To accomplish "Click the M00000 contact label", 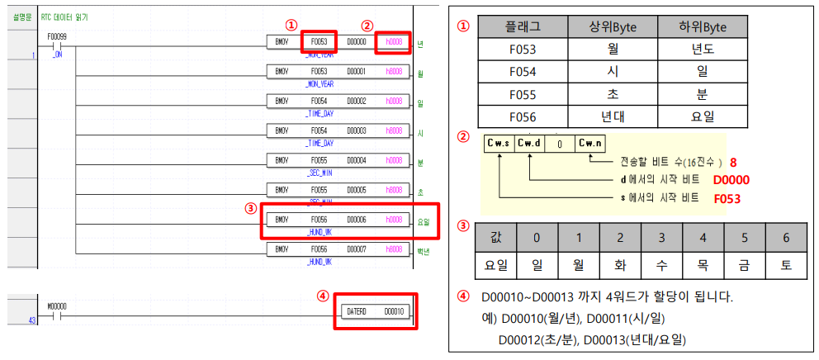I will click(x=59, y=306).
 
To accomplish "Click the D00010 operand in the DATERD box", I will click(x=394, y=312).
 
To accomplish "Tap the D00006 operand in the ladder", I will click(x=356, y=220).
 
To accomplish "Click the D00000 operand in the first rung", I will click(x=356, y=40).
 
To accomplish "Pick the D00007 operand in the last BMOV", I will click(x=356, y=249).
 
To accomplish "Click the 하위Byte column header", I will click(x=703, y=26).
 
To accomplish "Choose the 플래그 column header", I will click(x=523, y=26).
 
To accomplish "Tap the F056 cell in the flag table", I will click(x=523, y=116).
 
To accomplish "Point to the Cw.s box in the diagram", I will click(x=499, y=143).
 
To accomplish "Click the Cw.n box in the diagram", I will click(x=590, y=143).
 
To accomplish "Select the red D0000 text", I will click(x=731, y=179).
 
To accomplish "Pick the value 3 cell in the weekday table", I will click(x=660, y=238).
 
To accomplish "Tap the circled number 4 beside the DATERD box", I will click(x=324, y=295).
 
